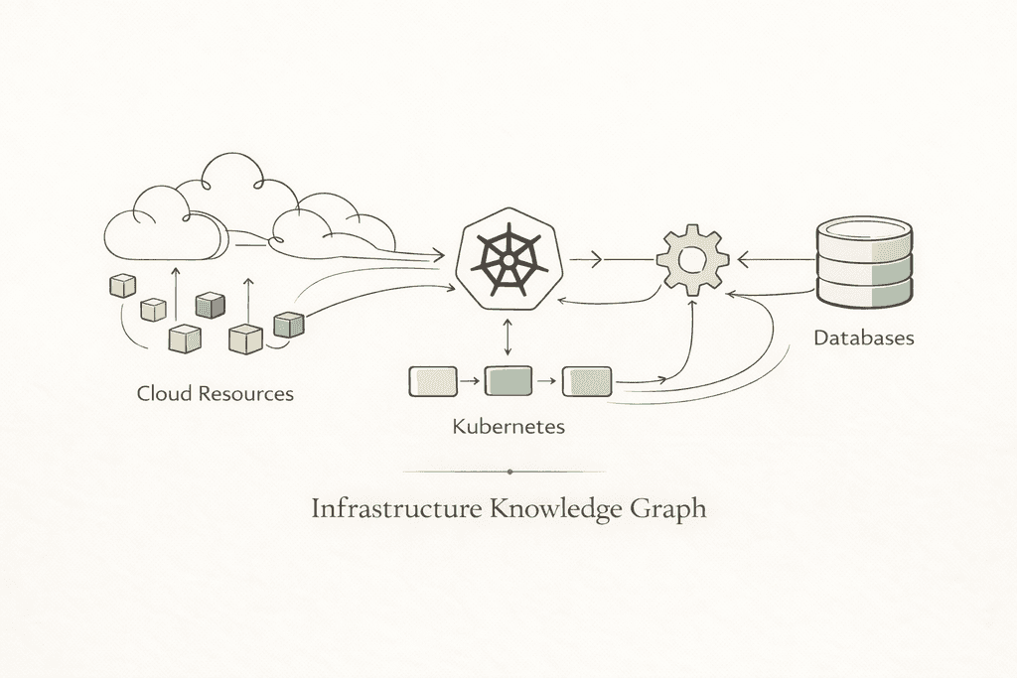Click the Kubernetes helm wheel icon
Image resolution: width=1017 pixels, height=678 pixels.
(x=508, y=260)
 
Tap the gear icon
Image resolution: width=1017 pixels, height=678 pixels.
(x=692, y=260)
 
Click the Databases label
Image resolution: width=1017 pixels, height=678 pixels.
(x=863, y=338)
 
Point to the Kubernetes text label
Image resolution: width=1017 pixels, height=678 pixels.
(x=508, y=427)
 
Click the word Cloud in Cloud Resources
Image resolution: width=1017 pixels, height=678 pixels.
(x=165, y=393)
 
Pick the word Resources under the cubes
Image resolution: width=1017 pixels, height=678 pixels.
(x=246, y=393)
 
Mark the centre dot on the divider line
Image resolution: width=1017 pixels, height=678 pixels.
(x=508, y=472)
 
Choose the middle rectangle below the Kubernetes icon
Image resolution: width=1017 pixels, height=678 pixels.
(x=508, y=380)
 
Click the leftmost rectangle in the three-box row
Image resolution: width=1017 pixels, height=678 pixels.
(x=433, y=380)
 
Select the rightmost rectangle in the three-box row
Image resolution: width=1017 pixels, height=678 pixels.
(x=587, y=380)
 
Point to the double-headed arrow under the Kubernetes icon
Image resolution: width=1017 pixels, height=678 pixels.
(x=508, y=338)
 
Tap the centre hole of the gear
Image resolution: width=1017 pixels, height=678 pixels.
(x=692, y=260)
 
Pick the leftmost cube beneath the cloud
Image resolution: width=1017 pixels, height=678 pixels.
(x=121, y=286)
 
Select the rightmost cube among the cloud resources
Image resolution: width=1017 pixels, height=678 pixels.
(x=287, y=324)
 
